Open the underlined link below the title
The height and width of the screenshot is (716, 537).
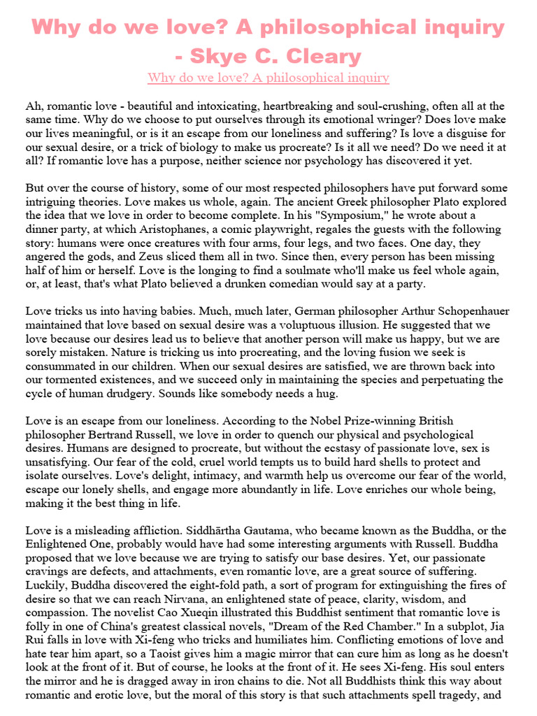pyautogui.click(x=268, y=77)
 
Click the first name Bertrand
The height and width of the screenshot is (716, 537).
pyautogui.click(x=99, y=435)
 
